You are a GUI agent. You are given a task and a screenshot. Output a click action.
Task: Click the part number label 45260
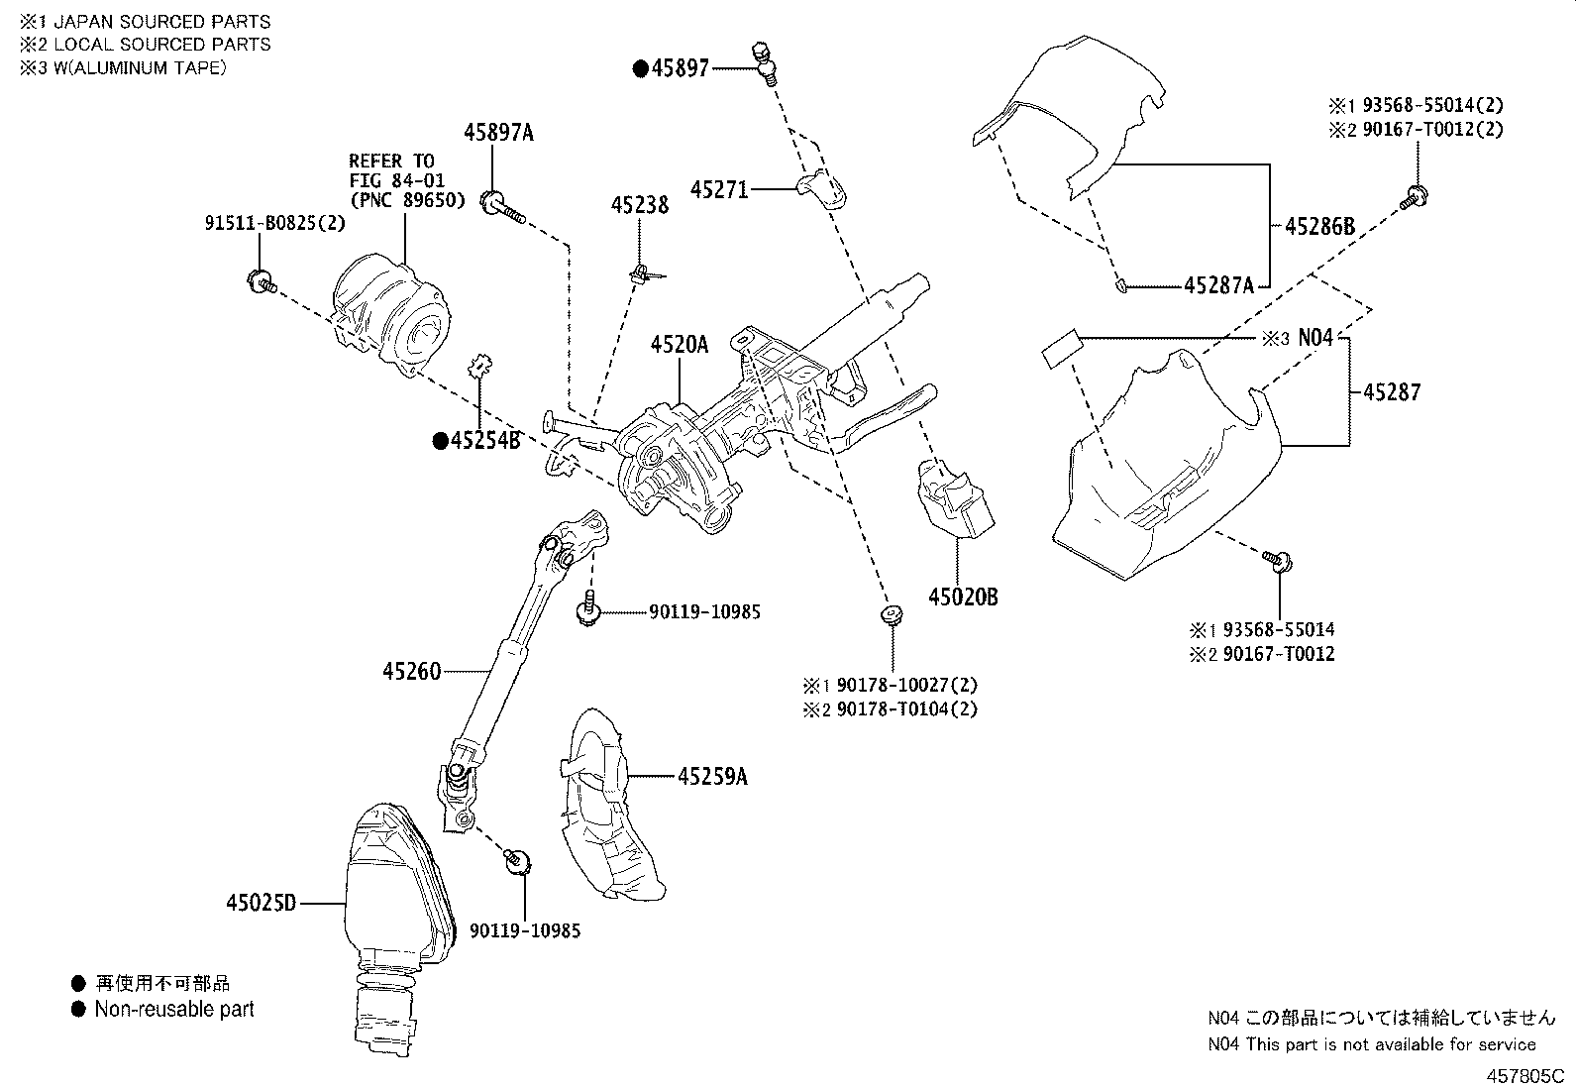click(x=411, y=672)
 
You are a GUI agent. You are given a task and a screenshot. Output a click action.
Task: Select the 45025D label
click(x=262, y=904)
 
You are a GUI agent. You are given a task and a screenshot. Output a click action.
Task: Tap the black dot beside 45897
click(x=641, y=68)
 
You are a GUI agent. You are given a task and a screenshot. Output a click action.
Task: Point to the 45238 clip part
click(x=643, y=272)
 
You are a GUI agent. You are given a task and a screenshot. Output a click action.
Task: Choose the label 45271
click(x=719, y=188)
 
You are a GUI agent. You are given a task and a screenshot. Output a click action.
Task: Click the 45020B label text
click(x=963, y=597)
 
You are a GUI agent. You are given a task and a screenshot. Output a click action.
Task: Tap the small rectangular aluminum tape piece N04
click(x=1061, y=349)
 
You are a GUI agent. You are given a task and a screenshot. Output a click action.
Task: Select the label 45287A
click(x=1218, y=286)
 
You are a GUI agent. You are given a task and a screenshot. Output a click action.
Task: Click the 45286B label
click(x=1319, y=226)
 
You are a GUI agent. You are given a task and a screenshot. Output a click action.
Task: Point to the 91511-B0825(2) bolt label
click(x=275, y=224)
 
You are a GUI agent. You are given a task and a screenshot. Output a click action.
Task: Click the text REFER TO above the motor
click(x=390, y=161)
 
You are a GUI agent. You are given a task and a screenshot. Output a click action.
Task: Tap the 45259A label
click(x=712, y=777)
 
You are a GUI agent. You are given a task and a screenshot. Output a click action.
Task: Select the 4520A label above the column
click(x=680, y=345)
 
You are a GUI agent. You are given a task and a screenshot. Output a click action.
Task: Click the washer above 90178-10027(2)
click(x=893, y=615)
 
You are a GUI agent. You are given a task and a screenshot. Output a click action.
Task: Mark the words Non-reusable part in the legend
click(x=174, y=1010)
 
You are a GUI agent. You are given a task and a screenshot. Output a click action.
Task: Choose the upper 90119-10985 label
click(x=705, y=612)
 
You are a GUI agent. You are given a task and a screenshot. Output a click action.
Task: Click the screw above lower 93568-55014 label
click(x=1275, y=562)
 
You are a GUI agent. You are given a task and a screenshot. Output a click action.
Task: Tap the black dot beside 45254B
click(x=440, y=441)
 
